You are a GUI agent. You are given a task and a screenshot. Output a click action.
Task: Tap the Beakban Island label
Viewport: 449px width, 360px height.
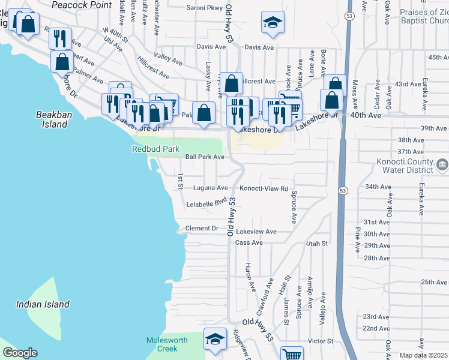tap(52, 119)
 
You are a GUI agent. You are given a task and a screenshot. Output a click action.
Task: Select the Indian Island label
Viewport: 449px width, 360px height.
tap(43, 304)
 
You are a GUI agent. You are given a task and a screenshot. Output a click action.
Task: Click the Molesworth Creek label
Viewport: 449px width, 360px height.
tap(167, 344)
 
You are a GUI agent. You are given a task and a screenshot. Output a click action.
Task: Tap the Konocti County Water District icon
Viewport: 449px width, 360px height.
tap(442, 164)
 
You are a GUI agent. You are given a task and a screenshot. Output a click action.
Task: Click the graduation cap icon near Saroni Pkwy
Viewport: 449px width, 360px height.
tap(272, 23)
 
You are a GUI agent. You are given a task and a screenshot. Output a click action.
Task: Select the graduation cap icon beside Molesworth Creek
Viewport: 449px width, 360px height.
tap(215, 339)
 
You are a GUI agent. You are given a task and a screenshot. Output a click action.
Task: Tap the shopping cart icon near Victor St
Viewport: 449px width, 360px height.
tap(292, 354)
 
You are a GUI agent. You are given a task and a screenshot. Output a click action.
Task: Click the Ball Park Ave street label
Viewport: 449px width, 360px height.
tap(205, 157)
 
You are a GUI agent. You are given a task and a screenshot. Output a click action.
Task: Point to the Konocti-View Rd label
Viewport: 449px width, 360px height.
tap(265, 188)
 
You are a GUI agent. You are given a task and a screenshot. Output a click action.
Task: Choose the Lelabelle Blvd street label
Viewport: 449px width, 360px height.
tap(208, 204)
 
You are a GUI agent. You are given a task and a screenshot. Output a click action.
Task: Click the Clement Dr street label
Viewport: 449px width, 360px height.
tap(202, 229)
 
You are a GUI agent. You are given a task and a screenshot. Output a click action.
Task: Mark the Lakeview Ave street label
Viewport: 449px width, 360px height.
tap(256, 232)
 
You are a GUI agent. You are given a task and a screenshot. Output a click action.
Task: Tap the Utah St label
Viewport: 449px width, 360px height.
tap(316, 244)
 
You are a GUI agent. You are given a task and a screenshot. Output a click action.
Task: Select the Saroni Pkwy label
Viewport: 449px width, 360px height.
tap(205, 8)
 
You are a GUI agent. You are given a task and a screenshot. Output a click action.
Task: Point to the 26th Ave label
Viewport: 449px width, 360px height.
tap(434, 282)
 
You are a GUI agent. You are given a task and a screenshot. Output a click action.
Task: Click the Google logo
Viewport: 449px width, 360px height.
tap(20, 353)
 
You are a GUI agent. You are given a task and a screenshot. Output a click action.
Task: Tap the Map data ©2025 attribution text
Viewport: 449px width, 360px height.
tap(423, 355)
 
